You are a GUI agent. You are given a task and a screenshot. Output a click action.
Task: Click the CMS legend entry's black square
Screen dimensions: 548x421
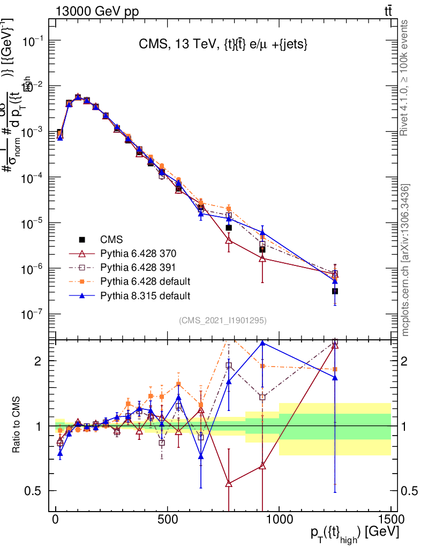click(x=82, y=239)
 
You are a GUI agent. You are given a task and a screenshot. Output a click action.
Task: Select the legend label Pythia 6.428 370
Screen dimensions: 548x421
click(x=138, y=253)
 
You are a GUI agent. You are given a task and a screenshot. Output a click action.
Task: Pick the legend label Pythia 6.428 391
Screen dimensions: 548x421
click(x=138, y=267)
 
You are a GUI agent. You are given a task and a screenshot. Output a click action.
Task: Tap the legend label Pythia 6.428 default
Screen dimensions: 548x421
click(x=145, y=281)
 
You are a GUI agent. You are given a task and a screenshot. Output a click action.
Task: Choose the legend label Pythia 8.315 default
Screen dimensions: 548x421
click(x=145, y=295)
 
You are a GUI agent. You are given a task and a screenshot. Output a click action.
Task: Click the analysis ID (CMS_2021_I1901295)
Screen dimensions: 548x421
click(x=223, y=321)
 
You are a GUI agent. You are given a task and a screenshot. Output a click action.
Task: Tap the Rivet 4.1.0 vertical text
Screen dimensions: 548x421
click(x=405, y=78)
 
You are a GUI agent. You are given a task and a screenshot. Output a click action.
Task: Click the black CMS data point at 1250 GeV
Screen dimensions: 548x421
click(x=335, y=291)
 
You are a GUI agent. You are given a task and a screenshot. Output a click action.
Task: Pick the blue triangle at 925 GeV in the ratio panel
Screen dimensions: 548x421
click(x=262, y=342)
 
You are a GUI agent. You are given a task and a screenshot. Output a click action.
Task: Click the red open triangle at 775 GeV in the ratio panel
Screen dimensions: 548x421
click(x=229, y=483)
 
